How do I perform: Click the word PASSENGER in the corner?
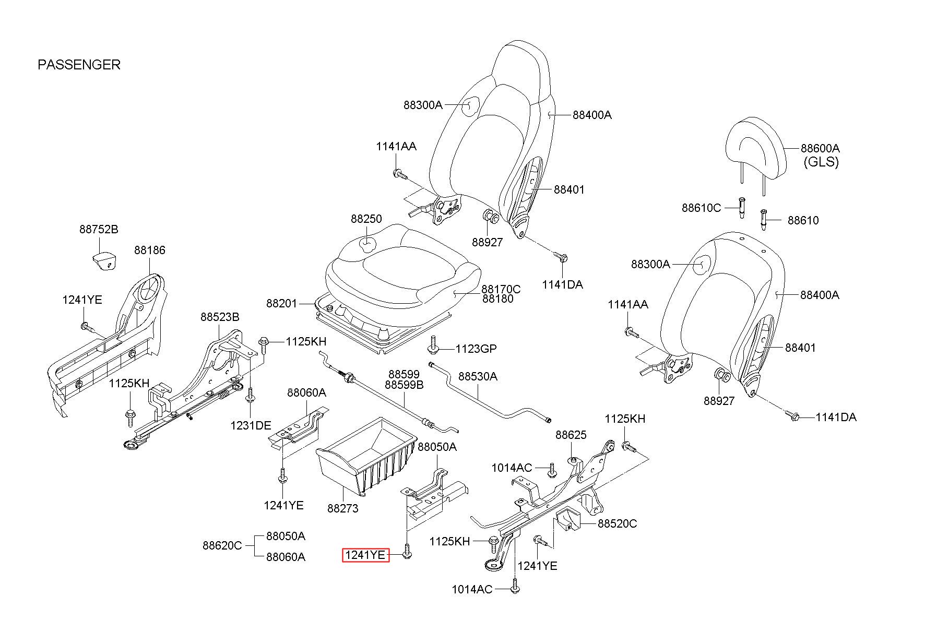(79, 65)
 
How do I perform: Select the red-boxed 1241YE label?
(366, 555)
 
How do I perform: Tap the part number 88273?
(343, 507)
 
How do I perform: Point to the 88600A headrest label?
(820, 148)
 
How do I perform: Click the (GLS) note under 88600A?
(821, 162)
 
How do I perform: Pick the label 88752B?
(99, 229)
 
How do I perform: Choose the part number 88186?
(150, 250)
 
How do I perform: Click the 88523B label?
(220, 317)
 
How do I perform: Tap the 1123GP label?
(476, 348)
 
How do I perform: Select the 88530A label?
(478, 376)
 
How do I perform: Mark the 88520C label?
(617, 523)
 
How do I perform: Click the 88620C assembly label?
(222, 546)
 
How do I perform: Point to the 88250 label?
(366, 219)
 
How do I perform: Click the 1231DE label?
(251, 425)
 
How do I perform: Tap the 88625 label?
(571, 435)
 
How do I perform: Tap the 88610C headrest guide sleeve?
(741, 208)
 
